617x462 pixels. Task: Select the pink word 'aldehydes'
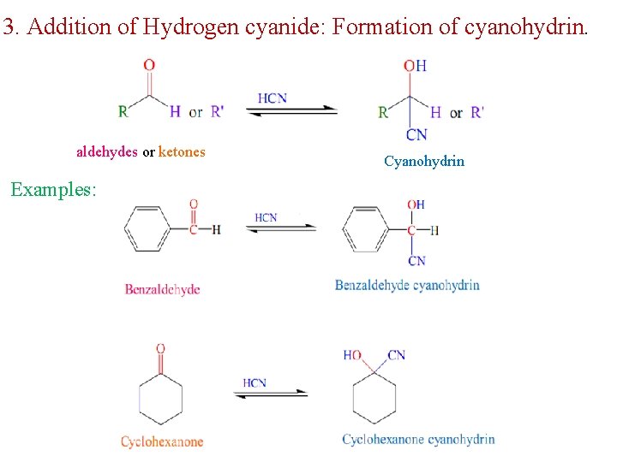pyautogui.click(x=107, y=152)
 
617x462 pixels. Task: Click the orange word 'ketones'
pyautogui.click(x=182, y=152)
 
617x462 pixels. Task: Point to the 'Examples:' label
pyautogui.click(x=53, y=189)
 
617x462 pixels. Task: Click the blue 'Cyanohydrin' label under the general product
pyautogui.click(x=424, y=161)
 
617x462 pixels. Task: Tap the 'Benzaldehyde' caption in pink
pyautogui.click(x=162, y=289)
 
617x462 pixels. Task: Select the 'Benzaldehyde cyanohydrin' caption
pyautogui.click(x=407, y=285)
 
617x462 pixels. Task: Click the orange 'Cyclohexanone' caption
pyautogui.click(x=162, y=441)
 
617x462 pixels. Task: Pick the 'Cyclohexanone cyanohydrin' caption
pyautogui.click(x=418, y=439)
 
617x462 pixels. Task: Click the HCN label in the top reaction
pyautogui.click(x=272, y=98)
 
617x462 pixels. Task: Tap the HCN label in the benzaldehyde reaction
pyautogui.click(x=266, y=217)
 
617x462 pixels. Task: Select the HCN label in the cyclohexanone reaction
pyautogui.click(x=255, y=382)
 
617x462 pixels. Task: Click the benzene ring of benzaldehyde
pyautogui.click(x=147, y=229)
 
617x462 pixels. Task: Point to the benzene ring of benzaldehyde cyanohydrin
pyautogui.click(x=366, y=229)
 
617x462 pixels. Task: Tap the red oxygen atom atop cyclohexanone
pyautogui.click(x=160, y=349)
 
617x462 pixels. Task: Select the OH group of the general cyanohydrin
pyautogui.click(x=416, y=66)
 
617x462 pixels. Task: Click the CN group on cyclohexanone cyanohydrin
pyautogui.click(x=397, y=355)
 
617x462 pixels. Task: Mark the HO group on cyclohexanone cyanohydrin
pyautogui.click(x=352, y=355)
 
